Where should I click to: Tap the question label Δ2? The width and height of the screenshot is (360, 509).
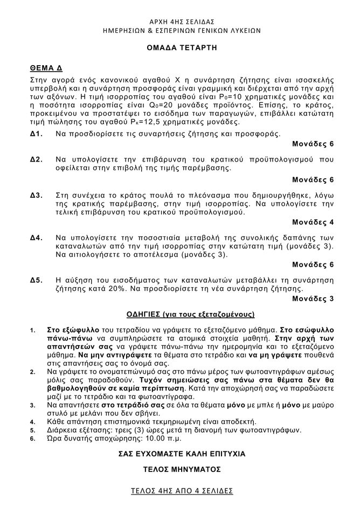(x=36, y=160)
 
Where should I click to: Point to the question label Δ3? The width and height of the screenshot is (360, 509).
(x=36, y=195)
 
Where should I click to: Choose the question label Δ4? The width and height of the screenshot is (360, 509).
(x=36, y=238)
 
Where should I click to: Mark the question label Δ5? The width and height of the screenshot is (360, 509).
(x=36, y=280)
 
